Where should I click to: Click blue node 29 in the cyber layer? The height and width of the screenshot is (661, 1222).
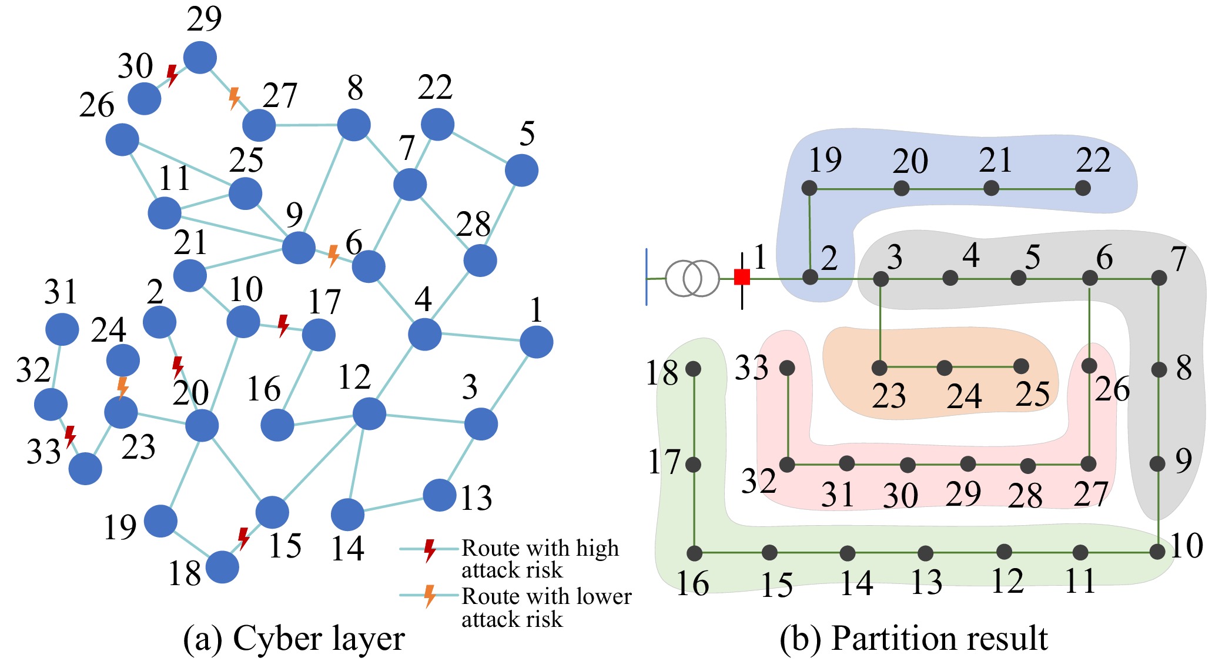click(200, 58)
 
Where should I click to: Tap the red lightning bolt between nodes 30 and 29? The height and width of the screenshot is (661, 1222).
click(172, 75)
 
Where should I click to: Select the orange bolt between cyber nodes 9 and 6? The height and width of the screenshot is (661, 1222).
click(333, 256)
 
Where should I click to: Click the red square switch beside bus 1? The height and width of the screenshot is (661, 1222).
click(742, 277)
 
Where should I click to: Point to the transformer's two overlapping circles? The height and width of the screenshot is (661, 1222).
click(692, 278)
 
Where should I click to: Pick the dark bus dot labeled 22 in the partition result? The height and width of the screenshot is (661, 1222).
click(1082, 188)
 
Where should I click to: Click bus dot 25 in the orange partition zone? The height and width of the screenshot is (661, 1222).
click(1021, 366)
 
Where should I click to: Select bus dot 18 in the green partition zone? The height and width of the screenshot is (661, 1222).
click(694, 369)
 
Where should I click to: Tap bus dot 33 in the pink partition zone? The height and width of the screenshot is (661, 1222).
click(787, 368)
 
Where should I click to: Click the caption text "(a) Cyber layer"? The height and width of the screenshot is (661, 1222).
click(294, 639)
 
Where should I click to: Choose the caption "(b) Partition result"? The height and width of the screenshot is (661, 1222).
click(913, 639)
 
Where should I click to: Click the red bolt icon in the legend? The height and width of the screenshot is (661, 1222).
click(430, 550)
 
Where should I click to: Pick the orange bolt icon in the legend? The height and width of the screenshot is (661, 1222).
click(430, 596)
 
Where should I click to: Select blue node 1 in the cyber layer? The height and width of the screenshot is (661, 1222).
click(536, 342)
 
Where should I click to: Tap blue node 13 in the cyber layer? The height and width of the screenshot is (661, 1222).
click(439, 495)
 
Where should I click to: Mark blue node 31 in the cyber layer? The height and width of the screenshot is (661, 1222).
click(62, 329)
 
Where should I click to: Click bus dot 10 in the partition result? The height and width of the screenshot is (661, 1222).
click(1157, 552)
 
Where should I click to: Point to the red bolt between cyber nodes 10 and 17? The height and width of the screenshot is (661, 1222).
click(283, 325)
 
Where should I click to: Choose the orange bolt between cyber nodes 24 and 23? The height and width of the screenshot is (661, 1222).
click(122, 388)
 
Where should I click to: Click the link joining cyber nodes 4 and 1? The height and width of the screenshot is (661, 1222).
click(480, 337)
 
